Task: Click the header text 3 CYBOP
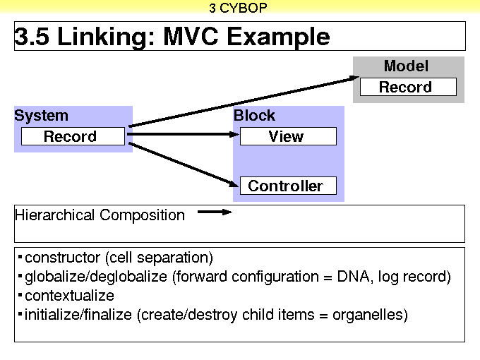[x=239, y=8]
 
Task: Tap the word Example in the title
[x=284, y=37]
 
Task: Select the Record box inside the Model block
[x=408, y=88]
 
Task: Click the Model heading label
[x=406, y=66]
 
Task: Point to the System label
[x=42, y=116]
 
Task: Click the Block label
[x=254, y=116]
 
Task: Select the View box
[x=287, y=137]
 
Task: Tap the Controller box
[x=287, y=186]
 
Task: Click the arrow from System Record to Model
[x=240, y=102]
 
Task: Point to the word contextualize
[x=69, y=296]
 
